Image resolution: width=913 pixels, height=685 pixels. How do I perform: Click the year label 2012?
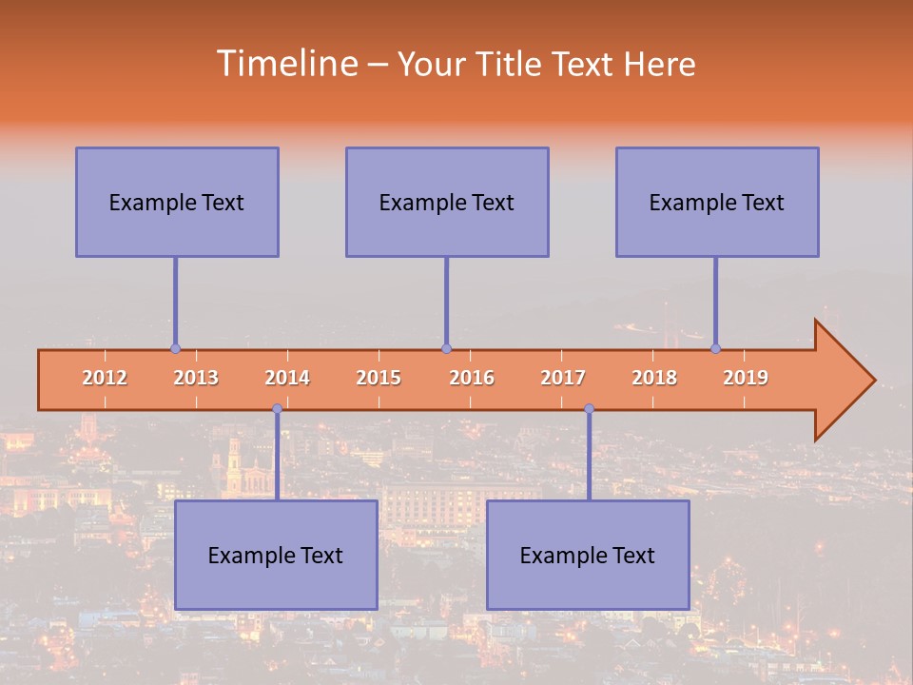click(x=105, y=378)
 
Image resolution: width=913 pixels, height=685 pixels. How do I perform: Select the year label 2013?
click(x=196, y=378)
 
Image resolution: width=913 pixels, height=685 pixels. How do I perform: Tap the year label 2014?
click(x=287, y=378)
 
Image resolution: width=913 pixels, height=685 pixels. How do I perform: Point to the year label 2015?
click(x=379, y=378)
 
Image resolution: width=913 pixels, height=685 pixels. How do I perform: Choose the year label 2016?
click(x=472, y=378)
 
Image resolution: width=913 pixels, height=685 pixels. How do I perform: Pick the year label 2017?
click(x=563, y=378)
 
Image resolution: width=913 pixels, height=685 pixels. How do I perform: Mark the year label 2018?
click(x=654, y=378)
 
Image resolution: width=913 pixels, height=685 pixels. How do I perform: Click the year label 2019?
click(x=746, y=378)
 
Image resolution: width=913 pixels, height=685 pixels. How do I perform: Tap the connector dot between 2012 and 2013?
click(x=175, y=349)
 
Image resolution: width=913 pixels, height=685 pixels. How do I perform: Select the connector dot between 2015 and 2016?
click(x=446, y=349)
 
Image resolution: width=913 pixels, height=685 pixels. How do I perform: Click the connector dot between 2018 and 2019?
click(x=716, y=349)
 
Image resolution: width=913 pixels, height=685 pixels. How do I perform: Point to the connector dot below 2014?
click(x=277, y=409)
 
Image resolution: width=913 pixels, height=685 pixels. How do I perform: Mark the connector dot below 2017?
click(x=589, y=409)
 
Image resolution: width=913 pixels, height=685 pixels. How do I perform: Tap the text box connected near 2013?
click(x=177, y=202)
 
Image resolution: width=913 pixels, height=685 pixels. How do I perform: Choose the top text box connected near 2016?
click(x=447, y=202)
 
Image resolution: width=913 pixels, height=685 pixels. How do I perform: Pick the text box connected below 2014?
click(x=276, y=555)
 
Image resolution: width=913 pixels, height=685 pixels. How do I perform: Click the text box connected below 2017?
click(x=588, y=555)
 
